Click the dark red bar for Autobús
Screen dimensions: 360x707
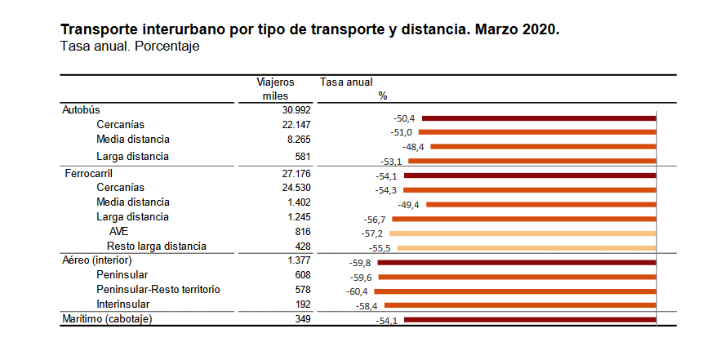539,118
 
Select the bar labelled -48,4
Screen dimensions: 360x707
543,147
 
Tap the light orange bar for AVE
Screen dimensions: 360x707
527,233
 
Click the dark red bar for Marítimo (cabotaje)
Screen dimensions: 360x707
530,320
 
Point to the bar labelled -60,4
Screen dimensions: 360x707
515,291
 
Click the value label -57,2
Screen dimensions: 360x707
372,233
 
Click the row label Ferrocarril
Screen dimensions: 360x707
87,174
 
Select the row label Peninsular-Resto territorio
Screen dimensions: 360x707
158,290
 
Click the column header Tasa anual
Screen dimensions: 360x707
346,82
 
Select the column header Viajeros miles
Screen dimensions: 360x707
275,88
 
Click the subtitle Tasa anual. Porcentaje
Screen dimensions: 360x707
130,47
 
